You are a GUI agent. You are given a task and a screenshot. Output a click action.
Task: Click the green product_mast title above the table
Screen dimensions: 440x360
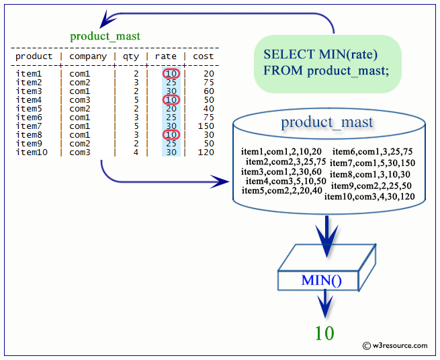click(105, 36)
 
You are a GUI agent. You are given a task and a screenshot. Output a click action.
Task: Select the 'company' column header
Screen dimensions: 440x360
click(88, 56)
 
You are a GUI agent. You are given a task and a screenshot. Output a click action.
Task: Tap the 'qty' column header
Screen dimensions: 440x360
click(131, 56)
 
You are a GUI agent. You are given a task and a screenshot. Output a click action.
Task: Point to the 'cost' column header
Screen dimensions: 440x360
click(203, 56)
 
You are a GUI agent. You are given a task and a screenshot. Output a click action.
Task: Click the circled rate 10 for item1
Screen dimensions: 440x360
click(171, 74)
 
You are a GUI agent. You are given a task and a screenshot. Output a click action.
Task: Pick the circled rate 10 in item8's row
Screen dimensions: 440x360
click(171, 135)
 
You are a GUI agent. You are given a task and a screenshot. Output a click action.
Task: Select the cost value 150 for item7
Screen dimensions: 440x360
click(206, 126)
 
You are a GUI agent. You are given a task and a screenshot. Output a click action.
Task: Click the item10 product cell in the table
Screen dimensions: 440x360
click(32, 152)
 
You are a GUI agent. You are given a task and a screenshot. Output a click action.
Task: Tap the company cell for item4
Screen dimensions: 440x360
click(80, 100)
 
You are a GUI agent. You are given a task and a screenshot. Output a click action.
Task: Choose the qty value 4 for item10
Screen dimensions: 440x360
click(136, 152)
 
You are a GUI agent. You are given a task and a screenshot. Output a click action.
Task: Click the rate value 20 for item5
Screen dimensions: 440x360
click(171, 109)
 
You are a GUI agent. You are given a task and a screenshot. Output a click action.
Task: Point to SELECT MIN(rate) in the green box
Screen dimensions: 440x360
click(320, 54)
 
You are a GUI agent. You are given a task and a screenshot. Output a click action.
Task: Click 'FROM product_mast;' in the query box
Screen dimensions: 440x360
click(326, 71)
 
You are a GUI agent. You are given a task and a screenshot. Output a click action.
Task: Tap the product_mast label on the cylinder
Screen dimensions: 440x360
click(327, 122)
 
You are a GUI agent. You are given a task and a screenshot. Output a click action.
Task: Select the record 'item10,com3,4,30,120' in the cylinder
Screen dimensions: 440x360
click(369, 197)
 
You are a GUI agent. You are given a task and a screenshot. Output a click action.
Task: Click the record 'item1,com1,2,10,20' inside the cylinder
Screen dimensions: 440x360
click(281, 152)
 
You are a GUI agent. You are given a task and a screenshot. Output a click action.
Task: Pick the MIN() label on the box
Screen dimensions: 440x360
click(321, 280)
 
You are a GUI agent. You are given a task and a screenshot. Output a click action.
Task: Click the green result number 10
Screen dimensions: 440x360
click(324, 333)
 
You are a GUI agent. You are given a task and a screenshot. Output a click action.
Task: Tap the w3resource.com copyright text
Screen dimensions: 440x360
click(395, 346)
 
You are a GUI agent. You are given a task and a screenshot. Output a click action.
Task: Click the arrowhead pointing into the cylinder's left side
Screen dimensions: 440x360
click(220, 181)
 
